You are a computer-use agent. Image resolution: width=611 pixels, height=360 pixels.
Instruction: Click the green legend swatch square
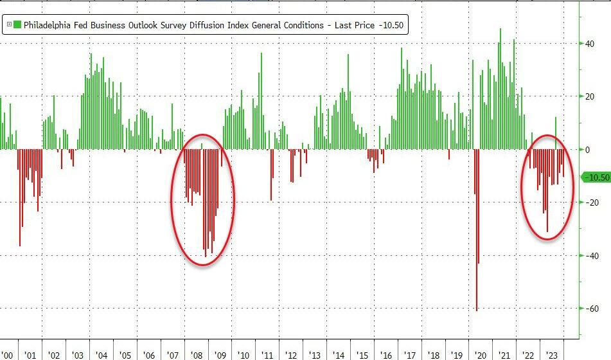[x=17, y=25]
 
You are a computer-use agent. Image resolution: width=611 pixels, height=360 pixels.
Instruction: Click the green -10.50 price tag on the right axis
[x=595, y=177]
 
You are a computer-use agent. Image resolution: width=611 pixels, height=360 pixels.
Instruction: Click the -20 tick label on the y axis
[x=589, y=203]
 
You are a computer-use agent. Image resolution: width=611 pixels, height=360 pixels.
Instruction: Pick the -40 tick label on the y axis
[x=589, y=256]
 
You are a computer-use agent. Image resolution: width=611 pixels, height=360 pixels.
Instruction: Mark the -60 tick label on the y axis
[x=589, y=309]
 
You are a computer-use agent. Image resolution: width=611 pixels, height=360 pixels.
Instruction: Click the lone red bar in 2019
[x=448, y=154]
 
